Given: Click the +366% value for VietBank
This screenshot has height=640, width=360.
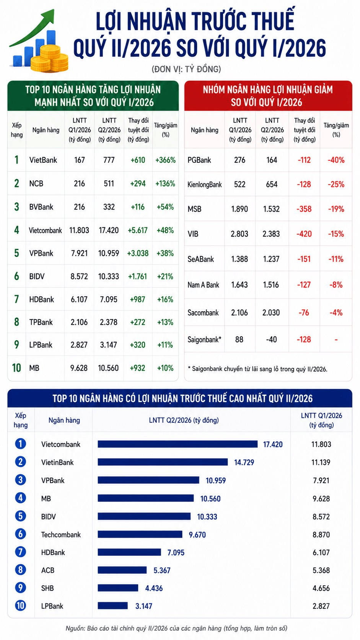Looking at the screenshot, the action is tap(165, 160).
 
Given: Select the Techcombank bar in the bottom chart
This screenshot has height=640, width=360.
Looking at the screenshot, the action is tap(140, 534).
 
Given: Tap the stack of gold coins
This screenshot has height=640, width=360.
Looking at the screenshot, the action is tap(49, 59).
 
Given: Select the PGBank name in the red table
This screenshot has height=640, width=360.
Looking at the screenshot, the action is tap(199, 160).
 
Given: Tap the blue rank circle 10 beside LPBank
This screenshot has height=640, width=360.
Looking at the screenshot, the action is tap(21, 606).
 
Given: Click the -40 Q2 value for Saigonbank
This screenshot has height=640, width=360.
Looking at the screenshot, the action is tap(271, 340).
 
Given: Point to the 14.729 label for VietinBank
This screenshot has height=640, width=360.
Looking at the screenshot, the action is tap(244, 462).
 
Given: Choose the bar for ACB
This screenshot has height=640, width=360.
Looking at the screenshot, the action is tap(122, 570).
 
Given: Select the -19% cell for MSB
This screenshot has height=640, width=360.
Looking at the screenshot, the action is tap(336, 209).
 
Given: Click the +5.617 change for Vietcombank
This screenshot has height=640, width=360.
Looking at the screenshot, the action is tap(138, 230).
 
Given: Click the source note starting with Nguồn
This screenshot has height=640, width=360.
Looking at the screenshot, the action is tap(176, 628).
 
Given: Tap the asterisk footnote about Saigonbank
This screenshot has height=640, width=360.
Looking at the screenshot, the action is tap(257, 369).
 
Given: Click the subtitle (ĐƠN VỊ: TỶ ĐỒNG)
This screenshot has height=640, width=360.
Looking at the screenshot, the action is tap(186, 69).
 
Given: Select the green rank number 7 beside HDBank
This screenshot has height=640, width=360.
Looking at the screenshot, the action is tap(16, 299).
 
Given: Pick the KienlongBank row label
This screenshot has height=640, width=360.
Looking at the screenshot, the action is tap(204, 184).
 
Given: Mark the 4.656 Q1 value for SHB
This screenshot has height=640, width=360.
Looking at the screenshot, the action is tap(321, 588).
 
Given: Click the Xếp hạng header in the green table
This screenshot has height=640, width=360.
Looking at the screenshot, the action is tap(16, 130).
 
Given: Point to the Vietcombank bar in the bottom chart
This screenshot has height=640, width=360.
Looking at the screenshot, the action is tap(178, 444).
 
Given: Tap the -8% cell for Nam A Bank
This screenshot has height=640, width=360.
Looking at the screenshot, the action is tap(336, 285).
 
